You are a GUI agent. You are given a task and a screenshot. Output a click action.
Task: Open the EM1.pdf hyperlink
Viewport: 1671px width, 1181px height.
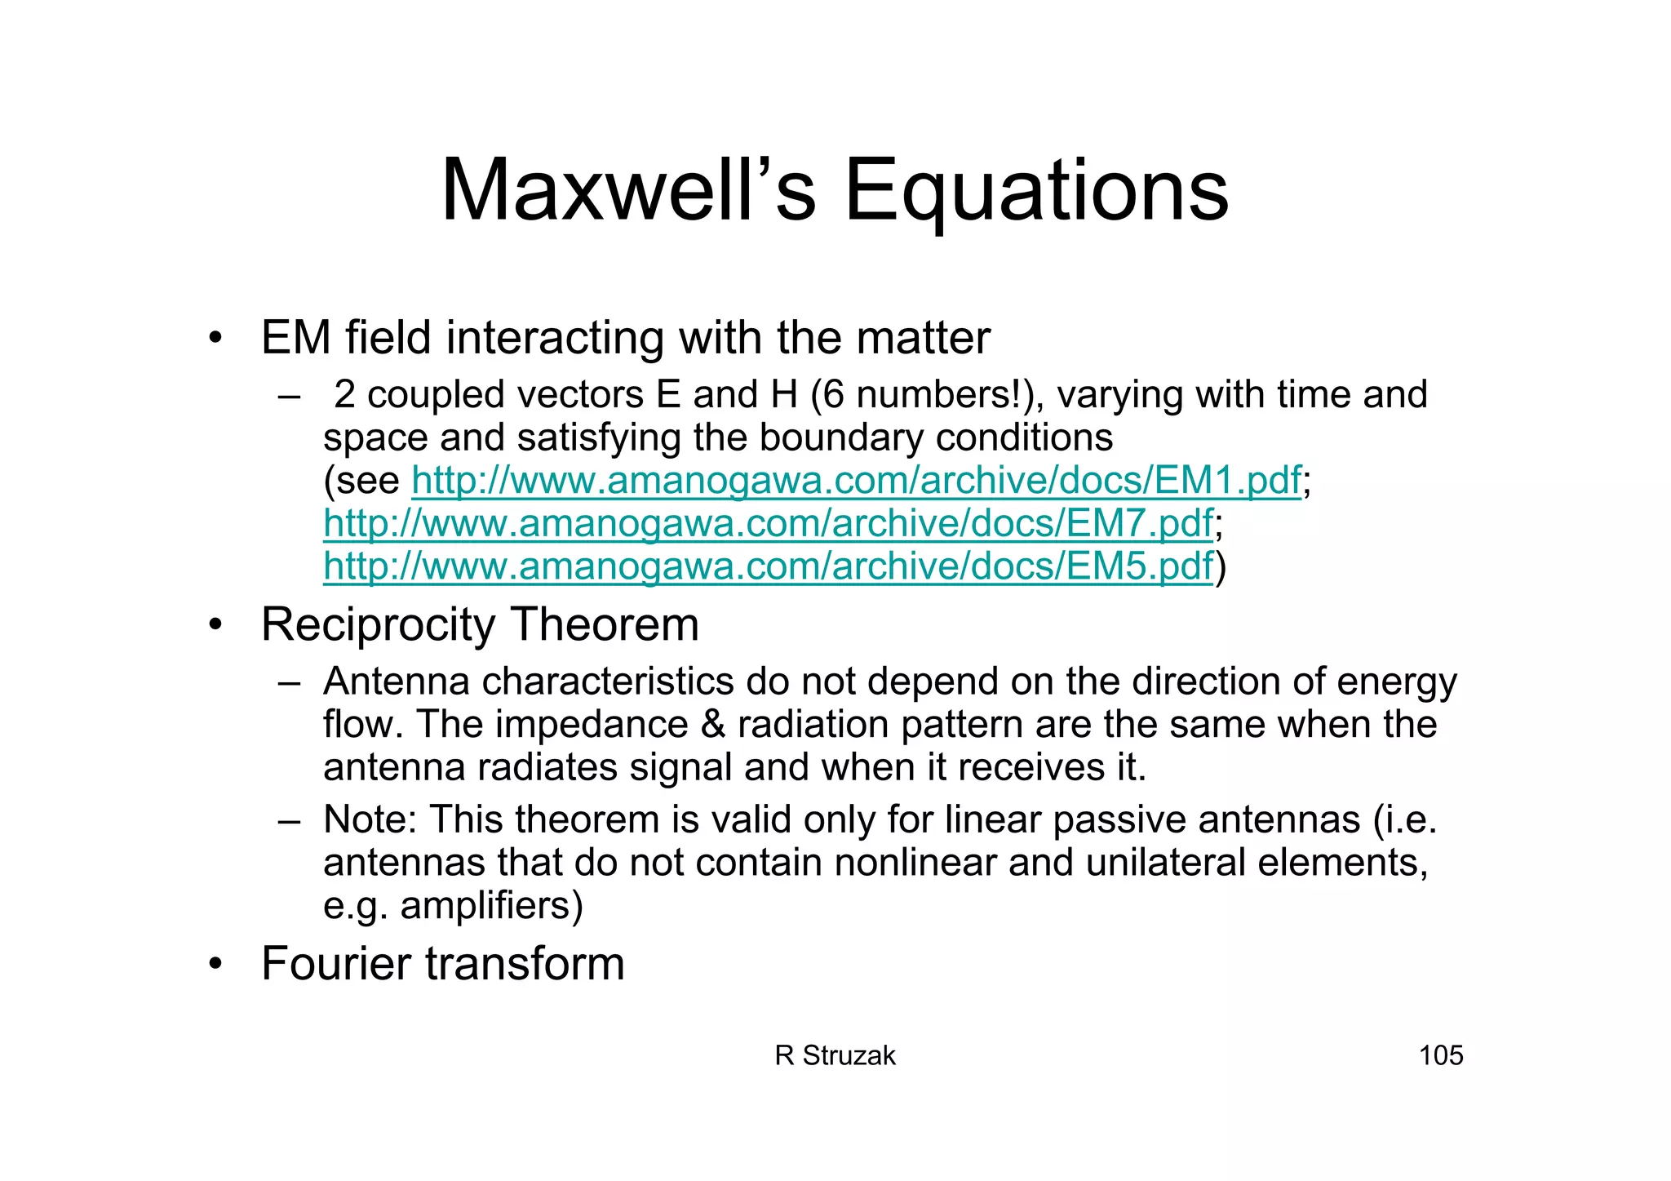coord(856,481)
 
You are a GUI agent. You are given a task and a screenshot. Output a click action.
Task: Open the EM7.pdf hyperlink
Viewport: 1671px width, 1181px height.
coord(768,524)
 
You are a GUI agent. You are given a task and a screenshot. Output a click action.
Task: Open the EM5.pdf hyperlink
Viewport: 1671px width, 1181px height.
coord(768,566)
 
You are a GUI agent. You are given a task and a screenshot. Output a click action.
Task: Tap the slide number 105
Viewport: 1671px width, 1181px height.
coord(1441,1055)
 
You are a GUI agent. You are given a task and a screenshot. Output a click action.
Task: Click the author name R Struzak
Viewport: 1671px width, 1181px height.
coord(835,1055)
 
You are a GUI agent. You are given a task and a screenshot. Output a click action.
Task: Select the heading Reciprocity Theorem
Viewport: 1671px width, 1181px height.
coord(480,625)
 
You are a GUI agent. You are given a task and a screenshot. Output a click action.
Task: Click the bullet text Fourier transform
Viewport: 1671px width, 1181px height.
coord(442,964)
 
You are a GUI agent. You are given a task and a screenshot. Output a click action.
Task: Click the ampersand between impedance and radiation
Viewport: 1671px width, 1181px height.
coord(713,725)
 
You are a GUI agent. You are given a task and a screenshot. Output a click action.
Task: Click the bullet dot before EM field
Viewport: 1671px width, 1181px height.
coord(215,338)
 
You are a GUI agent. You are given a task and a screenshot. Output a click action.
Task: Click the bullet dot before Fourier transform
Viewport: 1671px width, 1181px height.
coord(215,964)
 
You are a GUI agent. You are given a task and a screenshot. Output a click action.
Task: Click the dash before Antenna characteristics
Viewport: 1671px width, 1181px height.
coord(289,682)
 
